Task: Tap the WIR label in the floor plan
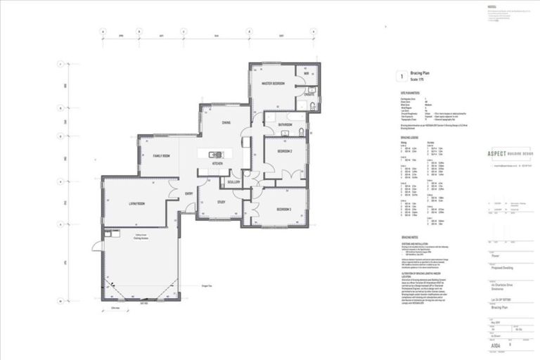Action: pyautogui.click(x=307, y=73)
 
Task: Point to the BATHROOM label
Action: pyautogui.click(x=284, y=124)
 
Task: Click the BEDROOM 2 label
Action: pyautogui.click(x=285, y=151)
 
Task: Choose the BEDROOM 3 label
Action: pyautogui.click(x=284, y=210)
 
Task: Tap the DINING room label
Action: pyautogui.click(x=226, y=122)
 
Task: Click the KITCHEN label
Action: pyautogui.click(x=219, y=165)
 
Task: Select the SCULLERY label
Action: pyautogui.click(x=233, y=181)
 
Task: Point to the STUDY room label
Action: pyautogui.click(x=220, y=203)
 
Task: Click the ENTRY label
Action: pyautogui.click(x=189, y=193)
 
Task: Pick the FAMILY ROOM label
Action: pyautogui.click(x=162, y=155)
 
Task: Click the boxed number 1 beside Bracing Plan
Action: pyautogui.click(x=401, y=75)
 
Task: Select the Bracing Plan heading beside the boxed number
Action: pyautogui.click(x=421, y=72)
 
